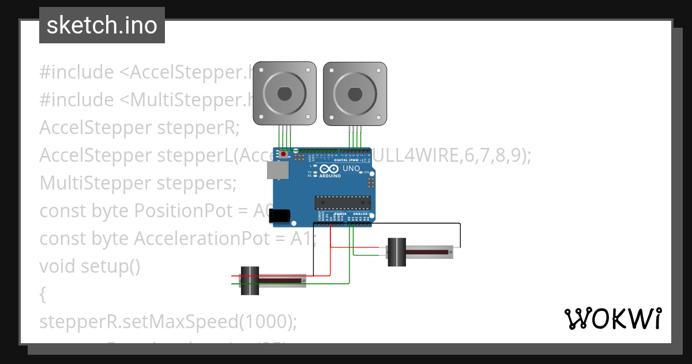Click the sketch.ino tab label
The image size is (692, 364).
102,25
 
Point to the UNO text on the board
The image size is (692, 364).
351,169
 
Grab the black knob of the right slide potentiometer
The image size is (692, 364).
397,252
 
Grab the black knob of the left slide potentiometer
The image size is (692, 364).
249,281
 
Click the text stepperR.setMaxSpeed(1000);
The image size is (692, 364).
168,321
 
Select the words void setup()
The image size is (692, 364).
89,266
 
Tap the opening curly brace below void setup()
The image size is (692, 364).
43,294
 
